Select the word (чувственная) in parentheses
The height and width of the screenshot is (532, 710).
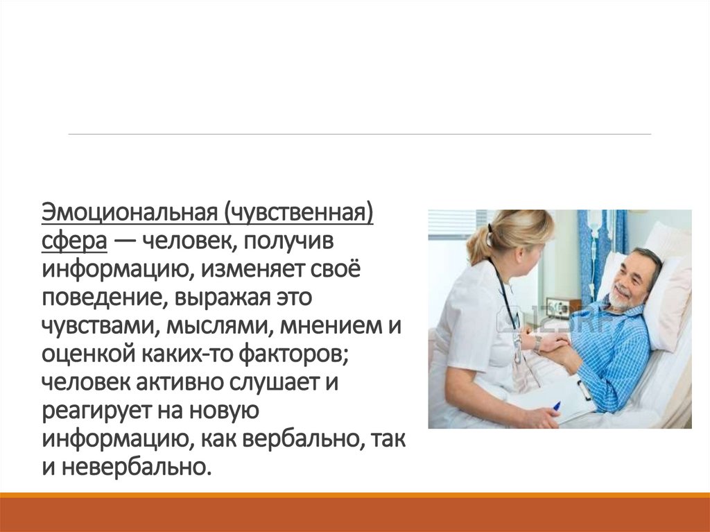tap(298, 212)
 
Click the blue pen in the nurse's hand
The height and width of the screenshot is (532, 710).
tap(556, 406)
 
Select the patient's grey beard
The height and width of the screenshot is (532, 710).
tap(619, 300)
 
